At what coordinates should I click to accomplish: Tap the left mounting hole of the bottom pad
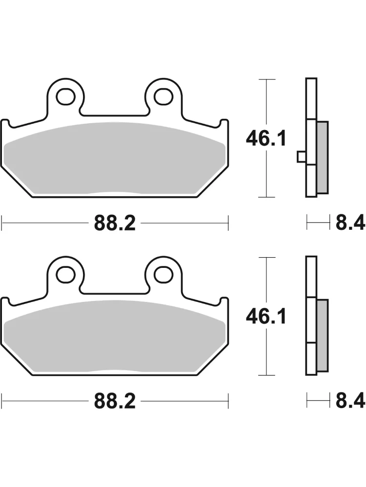[66, 275]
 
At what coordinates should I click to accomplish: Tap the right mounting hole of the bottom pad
[163, 275]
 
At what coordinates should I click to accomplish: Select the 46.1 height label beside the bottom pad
[266, 317]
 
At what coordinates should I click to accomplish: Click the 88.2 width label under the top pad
[115, 224]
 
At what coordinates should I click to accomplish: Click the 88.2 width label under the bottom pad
[115, 401]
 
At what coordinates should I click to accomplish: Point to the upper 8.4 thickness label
[350, 224]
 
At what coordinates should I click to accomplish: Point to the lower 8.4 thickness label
[350, 401]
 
